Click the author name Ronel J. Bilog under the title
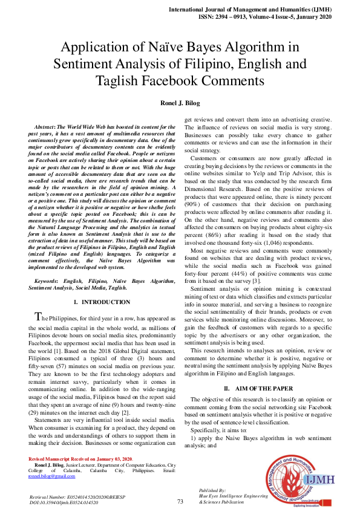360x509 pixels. pos(180,103)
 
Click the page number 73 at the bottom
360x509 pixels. pos(180,502)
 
